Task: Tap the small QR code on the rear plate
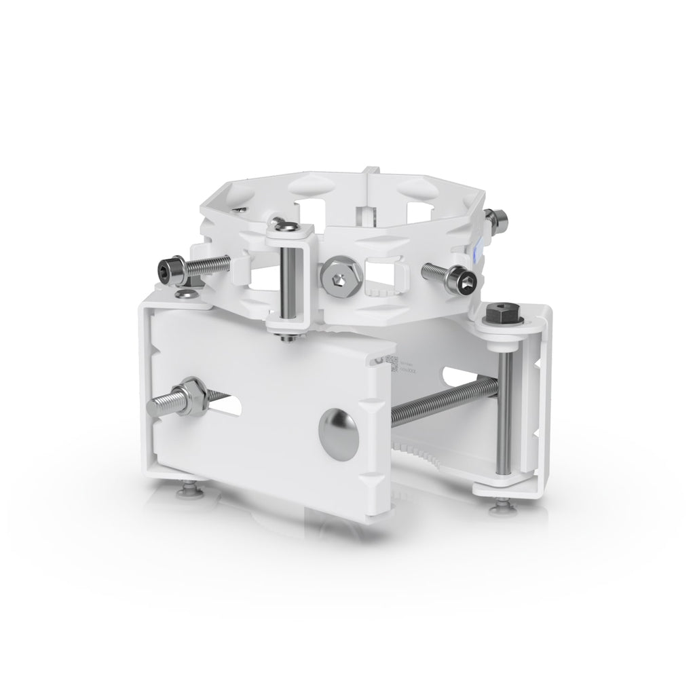(x=392, y=362)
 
